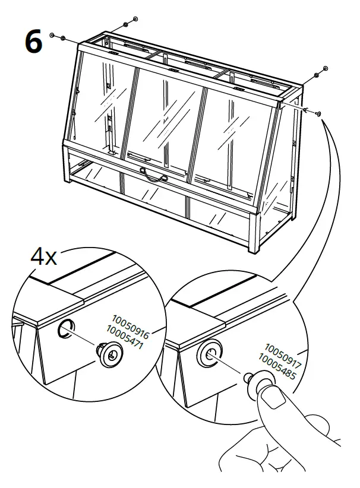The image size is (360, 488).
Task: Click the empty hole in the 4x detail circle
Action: coord(65,328)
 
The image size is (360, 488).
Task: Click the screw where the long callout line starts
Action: coord(319,112)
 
